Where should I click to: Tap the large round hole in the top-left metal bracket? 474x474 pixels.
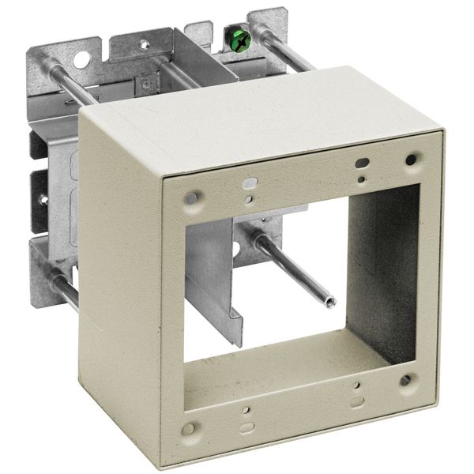(x=80, y=57)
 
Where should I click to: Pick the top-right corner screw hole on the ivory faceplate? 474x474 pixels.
(x=410, y=160)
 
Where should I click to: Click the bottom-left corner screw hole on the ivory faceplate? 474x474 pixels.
(x=189, y=431)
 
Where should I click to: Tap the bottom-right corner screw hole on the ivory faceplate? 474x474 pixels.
(x=404, y=380)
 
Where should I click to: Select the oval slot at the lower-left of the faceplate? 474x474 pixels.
(x=246, y=427)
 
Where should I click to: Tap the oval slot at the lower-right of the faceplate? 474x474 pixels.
(x=358, y=399)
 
